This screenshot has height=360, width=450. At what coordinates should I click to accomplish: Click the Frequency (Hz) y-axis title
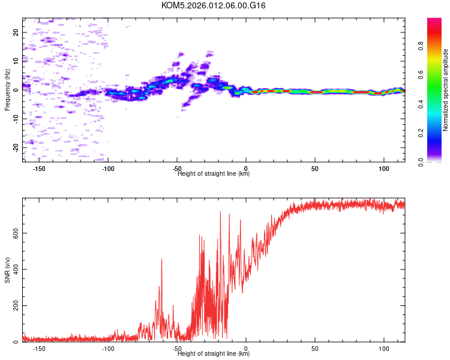(x=8, y=90)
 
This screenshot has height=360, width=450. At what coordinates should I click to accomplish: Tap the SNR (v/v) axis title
(x=8, y=270)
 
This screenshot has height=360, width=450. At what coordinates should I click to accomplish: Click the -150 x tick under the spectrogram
(x=39, y=169)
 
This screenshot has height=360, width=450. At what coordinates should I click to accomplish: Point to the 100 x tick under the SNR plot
(x=384, y=349)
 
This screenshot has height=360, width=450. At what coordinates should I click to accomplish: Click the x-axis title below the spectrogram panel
(x=214, y=174)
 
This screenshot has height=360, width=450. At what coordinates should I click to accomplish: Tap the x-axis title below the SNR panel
(x=214, y=354)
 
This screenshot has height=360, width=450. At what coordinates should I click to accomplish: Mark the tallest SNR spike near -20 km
(x=220, y=212)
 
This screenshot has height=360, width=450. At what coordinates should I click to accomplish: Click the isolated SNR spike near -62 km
(x=161, y=259)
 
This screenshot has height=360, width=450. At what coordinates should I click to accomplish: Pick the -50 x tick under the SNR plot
(x=177, y=349)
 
